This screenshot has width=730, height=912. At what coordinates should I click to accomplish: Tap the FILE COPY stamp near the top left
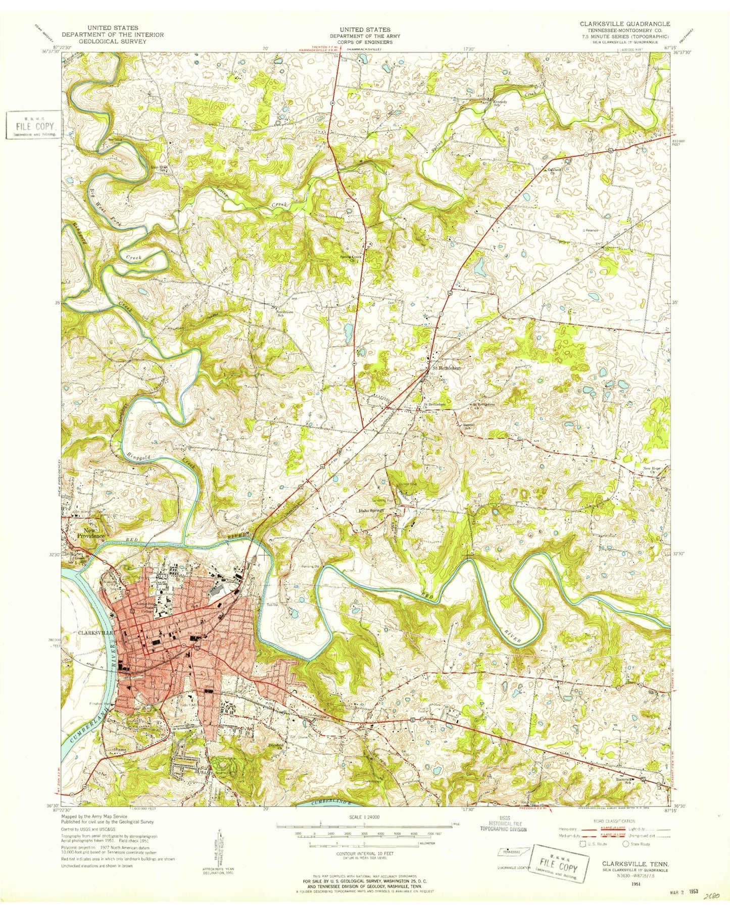(34, 125)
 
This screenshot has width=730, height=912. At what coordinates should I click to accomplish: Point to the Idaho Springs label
(371, 511)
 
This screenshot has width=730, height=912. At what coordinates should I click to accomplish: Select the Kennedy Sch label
(499, 102)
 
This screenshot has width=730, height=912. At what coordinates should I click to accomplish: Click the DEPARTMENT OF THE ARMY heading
(364, 36)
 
